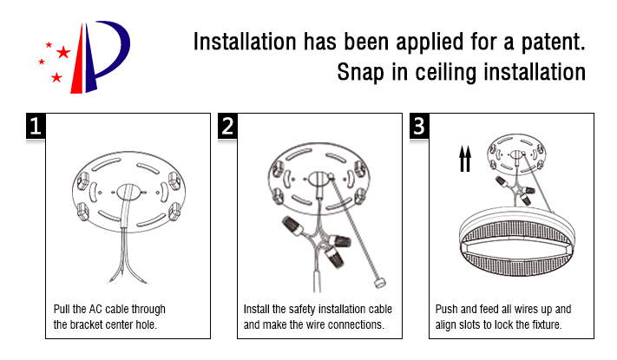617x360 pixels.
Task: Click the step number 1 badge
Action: [36, 126]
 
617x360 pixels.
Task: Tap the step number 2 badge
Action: [227, 126]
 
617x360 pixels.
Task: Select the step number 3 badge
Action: [419, 126]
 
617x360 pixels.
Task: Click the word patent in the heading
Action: [554, 43]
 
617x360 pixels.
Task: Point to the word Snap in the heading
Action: [360, 72]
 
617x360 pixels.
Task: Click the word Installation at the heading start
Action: [245, 42]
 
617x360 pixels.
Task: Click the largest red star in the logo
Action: [63, 52]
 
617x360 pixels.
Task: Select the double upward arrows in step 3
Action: [465, 159]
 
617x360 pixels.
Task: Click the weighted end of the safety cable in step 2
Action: [380, 283]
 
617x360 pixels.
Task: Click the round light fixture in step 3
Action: [517, 241]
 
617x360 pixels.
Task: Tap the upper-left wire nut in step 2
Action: [292, 226]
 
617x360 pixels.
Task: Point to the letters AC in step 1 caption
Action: [95, 309]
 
